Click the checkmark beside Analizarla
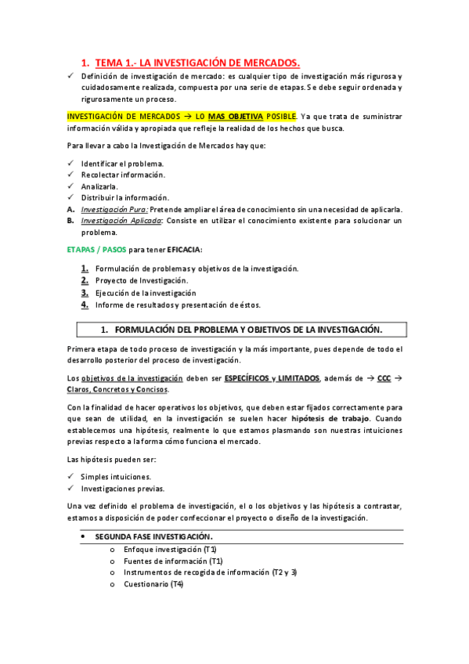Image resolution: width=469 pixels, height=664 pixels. click(70, 186)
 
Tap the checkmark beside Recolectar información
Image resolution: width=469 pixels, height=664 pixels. click(70, 175)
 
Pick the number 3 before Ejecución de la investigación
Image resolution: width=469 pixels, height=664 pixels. click(84, 293)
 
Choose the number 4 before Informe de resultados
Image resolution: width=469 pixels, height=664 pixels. click(84, 305)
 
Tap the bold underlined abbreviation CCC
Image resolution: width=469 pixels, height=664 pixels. click(384, 378)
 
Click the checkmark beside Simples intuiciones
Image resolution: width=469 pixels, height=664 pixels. click(70, 477)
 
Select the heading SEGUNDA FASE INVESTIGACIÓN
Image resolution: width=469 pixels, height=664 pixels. click(153, 537)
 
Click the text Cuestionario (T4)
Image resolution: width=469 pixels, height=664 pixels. click(153, 584)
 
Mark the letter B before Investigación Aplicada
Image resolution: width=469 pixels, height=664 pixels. click(70, 221)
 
